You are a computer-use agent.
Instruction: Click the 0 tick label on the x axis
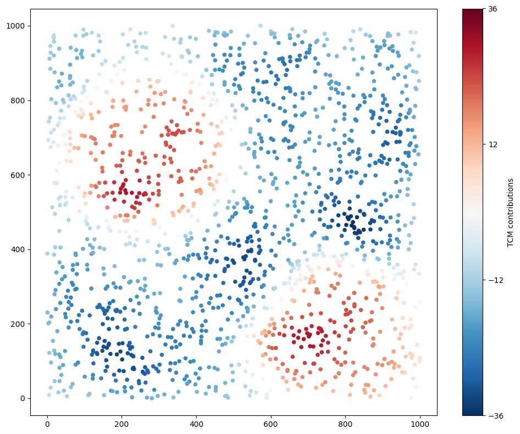[47, 425]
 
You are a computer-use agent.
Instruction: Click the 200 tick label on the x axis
[122, 425]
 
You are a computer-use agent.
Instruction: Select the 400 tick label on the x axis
[197, 425]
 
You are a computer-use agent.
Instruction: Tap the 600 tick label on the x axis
[271, 425]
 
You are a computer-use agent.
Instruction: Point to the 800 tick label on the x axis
[346, 425]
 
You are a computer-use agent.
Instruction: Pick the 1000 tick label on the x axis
[421, 425]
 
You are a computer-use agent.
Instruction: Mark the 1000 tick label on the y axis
[17, 26]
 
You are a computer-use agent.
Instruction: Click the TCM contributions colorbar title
[511, 212]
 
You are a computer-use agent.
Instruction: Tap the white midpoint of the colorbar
[472, 212]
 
